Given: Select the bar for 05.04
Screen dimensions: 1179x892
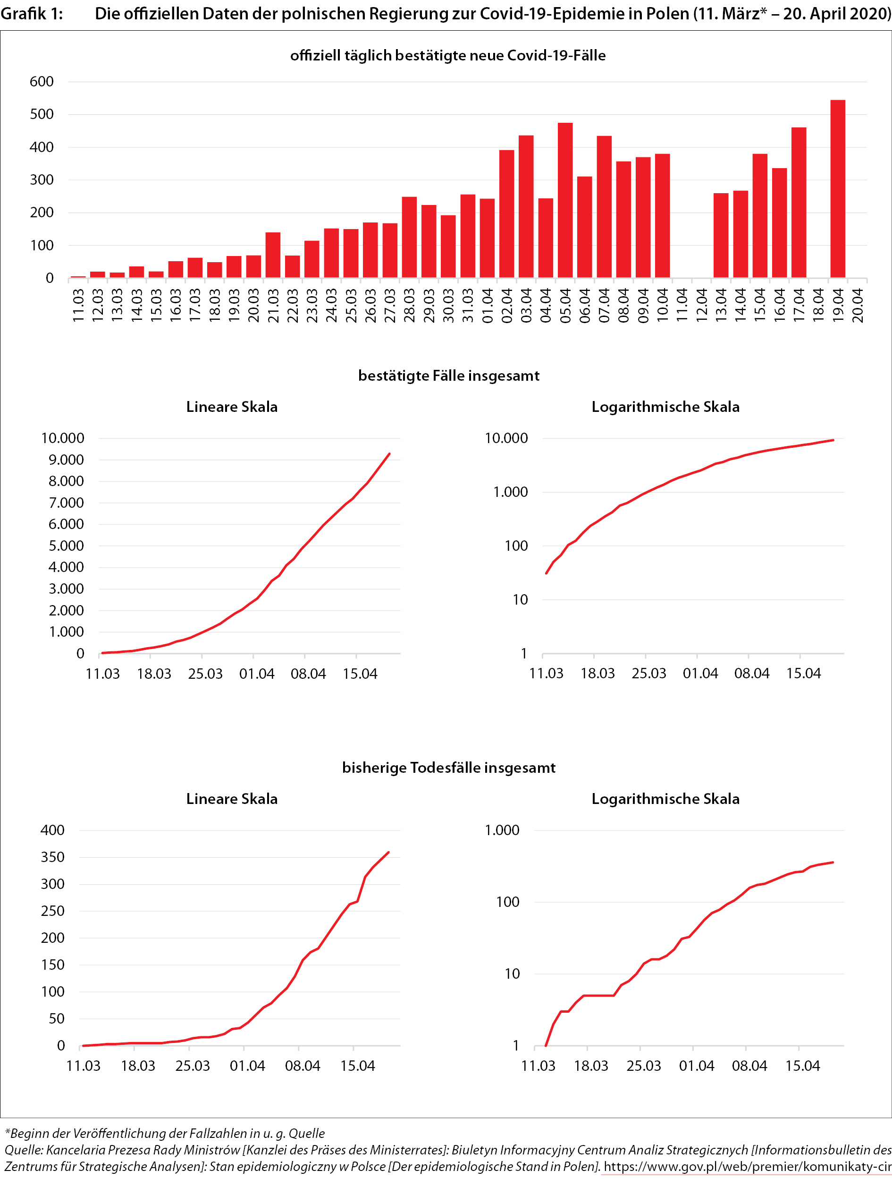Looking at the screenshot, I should pyautogui.click(x=565, y=200).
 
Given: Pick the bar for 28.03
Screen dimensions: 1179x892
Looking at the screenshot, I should pyautogui.click(x=409, y=237).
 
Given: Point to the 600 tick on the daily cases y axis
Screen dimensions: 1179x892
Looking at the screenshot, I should pyautogui.click(x=42, y=82).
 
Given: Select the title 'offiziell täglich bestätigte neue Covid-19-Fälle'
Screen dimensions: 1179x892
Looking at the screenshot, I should pyautogui.click(x=447, y=55).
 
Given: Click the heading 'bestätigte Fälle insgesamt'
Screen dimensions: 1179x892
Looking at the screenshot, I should pyautogui.click(x=448, y=376).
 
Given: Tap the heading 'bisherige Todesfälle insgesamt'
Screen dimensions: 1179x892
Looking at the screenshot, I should pyautogui.click(x=448, y=768).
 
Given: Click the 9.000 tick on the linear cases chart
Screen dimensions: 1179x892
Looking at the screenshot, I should pyautogui.click(x=66, y=460).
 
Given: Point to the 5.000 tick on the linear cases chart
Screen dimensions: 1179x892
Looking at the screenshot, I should pyautogui.click(x=66, y=546).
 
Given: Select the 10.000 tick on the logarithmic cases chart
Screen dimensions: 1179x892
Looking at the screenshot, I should pyautogui.click(x=506, y=438).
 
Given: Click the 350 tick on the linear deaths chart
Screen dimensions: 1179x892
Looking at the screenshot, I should pyautogui.click(x=52, y=857).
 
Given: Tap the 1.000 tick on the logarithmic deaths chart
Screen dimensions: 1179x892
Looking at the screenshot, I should pyautogui.click(x=502, y=830).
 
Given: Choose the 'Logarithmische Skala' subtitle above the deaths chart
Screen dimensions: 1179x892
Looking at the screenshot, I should pyautogui.click(x=665, y=798).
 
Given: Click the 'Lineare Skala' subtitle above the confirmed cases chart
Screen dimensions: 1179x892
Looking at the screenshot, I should pyautogui.click(x=232, y=407).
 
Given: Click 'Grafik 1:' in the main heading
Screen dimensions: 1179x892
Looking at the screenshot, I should pyautogui.click(x=32, y=13).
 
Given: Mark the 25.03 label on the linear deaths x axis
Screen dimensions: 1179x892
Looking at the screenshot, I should pyautogui.click(x=192, y=1066).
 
